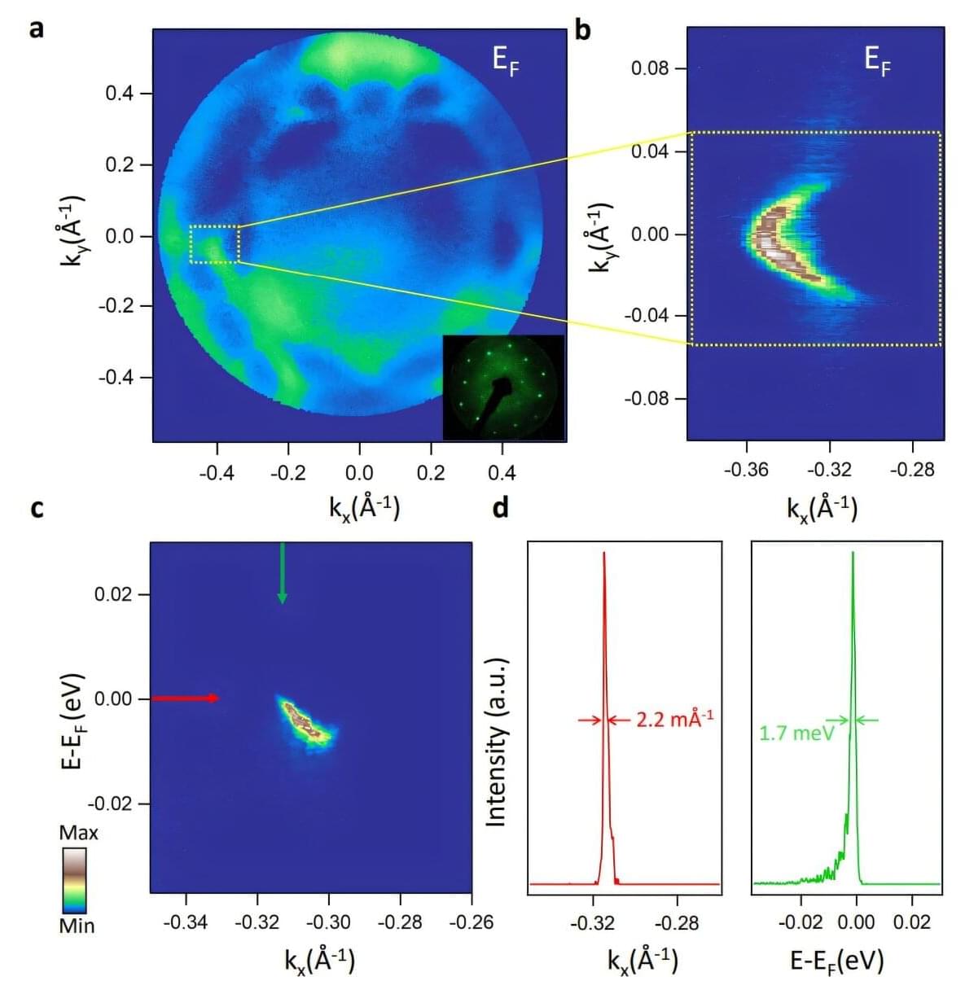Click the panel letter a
(37, 29)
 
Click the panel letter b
(582, 30)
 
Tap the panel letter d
(501, 508)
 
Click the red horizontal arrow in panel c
(185, 698)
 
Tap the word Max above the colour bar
(78, 833)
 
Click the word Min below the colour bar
(77, 926)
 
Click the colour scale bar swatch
(75, 880)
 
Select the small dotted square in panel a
(214, 243)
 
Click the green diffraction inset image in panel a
(503, 387)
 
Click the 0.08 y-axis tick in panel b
(649, 68)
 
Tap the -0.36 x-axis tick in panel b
(747, 471)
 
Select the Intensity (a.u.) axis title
(496, 742)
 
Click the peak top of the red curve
(604, 554)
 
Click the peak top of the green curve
(853, 554)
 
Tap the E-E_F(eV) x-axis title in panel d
(836, 961)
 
